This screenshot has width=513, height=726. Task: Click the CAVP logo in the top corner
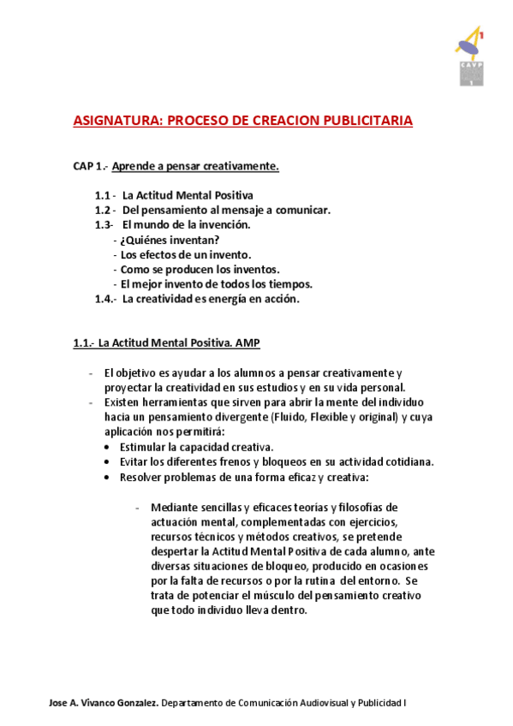(x=469, y=57)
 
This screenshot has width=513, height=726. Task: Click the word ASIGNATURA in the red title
(x=114, y=121)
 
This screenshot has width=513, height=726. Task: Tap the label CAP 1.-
(x=90, y=165)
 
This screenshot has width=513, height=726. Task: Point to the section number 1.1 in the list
(x=104, y=194)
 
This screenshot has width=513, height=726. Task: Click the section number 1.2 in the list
(x=104, y=210)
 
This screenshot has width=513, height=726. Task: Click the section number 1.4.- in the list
(x=105, y=299)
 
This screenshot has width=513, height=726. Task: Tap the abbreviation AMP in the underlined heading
(x=248, y=343)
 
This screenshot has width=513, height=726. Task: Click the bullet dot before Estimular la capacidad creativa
(x=105, y=448)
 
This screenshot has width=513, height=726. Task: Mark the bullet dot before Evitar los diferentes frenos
(x=105, y=462)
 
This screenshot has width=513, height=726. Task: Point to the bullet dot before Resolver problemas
(x=105, y=477)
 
